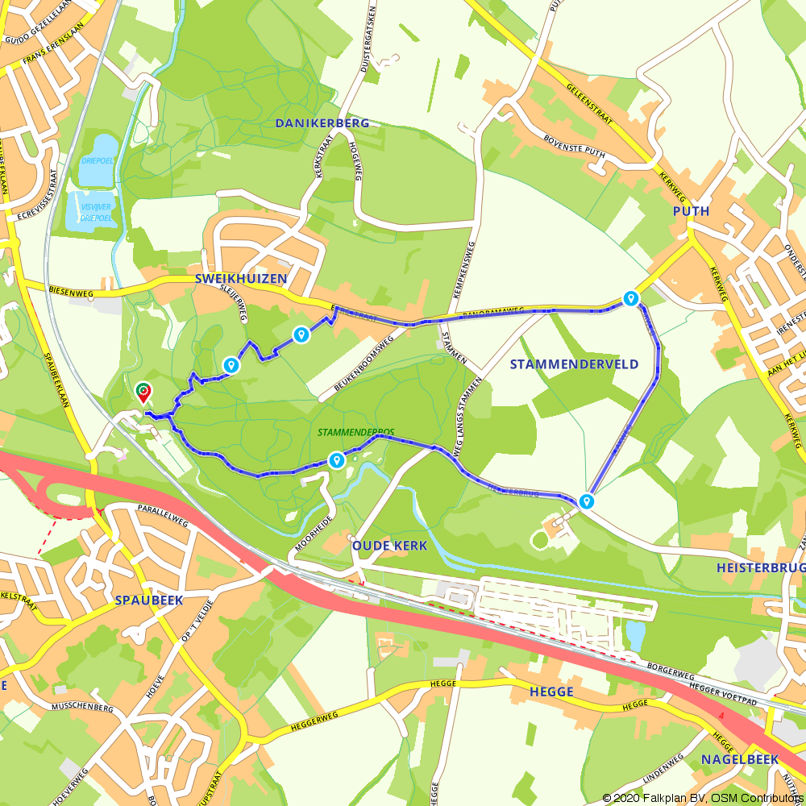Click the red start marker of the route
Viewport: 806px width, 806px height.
coord(143,393)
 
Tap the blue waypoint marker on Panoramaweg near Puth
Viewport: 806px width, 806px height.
coord(630,298)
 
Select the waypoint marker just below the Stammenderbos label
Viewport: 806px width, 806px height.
coord(336,459)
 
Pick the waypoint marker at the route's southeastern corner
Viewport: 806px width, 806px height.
coord(588,501)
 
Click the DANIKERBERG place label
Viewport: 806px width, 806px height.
coord(322,123)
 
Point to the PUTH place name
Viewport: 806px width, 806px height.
coord(692,211)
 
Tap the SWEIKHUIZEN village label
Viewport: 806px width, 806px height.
coord(241,278)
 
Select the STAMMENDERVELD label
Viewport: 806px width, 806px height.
coord(574,364)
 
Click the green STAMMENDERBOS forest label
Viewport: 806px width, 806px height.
coord(355,433)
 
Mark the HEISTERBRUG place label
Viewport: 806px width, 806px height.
coord(760,568)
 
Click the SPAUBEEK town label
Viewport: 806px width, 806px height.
coord(149,600)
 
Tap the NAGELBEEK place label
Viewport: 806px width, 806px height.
coord(739,759)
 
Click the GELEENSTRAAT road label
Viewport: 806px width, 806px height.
coord(595,105)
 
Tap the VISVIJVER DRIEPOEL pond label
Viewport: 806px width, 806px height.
coord(96,212)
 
